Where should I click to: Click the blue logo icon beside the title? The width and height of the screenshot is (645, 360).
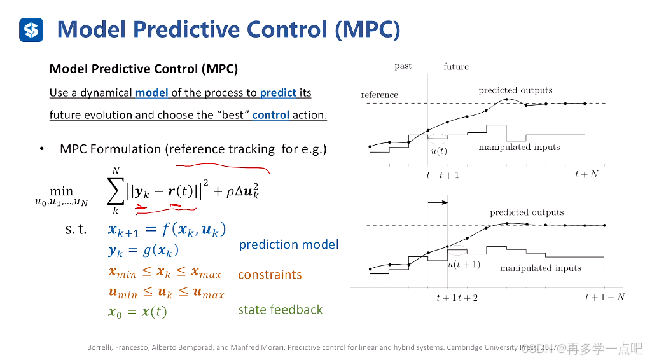(x=31, y=29)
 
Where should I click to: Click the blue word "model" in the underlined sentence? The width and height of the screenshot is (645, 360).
(x=151, y=93)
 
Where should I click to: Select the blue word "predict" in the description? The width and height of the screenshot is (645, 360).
(x=278, y=93)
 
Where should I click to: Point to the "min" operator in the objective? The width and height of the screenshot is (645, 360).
(x=62, y=191)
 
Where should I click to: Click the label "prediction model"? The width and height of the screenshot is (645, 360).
(x=289, y=244)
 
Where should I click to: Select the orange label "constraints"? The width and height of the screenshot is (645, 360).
(x=270, y=275)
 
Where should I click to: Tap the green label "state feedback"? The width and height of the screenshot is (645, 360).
(x=281, y=310)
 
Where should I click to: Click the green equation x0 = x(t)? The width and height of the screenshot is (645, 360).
(x=138, y=312)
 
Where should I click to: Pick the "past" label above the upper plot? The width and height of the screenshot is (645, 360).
(x=403, y=66)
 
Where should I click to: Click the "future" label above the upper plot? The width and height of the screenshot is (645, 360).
(x=456, y=66)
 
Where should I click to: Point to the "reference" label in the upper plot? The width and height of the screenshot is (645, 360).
(x=379, y=95)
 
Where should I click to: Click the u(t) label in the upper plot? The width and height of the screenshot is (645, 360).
(x=439, y=151)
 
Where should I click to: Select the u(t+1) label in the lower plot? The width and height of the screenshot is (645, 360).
(x=464, y=265)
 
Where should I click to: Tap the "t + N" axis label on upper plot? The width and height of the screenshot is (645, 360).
(x=586, y=174)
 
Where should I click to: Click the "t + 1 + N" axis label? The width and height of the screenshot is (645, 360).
(x=604, y=297)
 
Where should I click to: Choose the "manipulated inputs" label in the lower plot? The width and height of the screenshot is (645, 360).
(x=540, y=268)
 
